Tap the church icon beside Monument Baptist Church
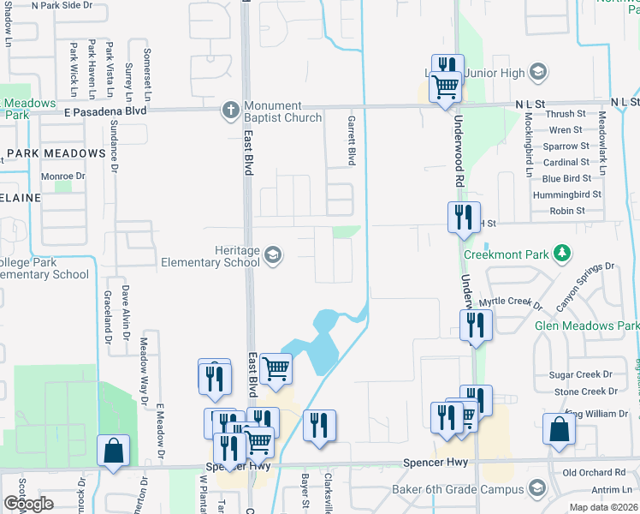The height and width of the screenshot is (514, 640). (230, 110)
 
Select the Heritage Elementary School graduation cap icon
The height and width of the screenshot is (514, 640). (273, 254)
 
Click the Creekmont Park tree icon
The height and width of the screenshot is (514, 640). (562, 253)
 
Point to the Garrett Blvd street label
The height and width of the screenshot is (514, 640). (351, 140)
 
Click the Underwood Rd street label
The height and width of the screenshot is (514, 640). (459, 153)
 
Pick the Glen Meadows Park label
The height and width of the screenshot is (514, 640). (586, 326)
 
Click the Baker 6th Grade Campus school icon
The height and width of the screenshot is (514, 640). (536, 489)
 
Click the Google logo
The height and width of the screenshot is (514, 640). (27, 504)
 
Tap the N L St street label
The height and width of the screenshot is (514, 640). (530, 102)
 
